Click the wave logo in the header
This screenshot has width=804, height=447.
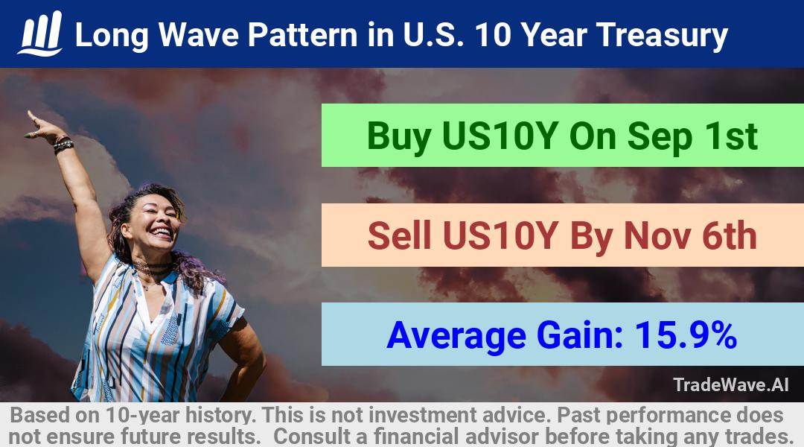(x=40, y=34)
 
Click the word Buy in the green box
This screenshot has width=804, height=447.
(x=399, y=136)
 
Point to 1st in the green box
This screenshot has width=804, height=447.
(x=731, y=136)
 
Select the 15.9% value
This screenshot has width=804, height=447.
(x=686, y=335)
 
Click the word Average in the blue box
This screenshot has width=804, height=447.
(x=456, y=336)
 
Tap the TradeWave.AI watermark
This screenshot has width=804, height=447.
(x=731, y=384)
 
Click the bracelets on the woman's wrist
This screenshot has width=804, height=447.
(x=63, y=145)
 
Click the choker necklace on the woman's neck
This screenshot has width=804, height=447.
(x=153, y=267)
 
